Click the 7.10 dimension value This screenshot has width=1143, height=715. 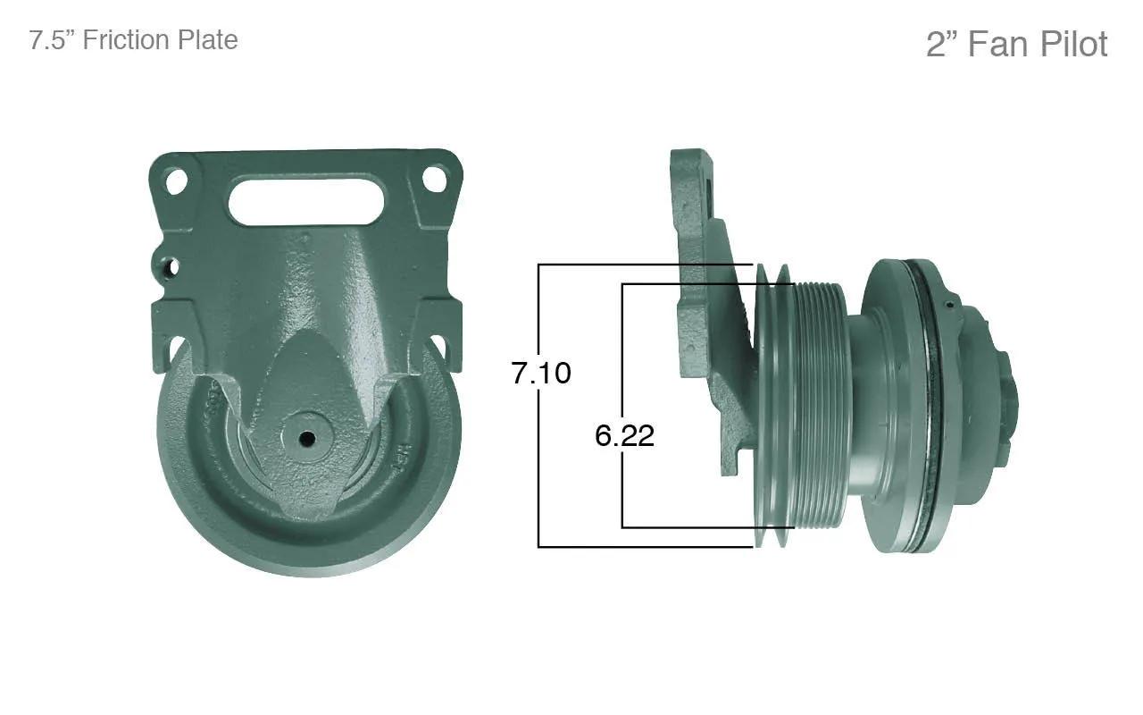pyautogui.click(x=541, y=373)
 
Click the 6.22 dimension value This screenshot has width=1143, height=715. pyautogui.click(x=624, y=436)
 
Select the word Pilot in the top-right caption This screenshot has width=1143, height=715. pyautogui.click(x=1073, y=44)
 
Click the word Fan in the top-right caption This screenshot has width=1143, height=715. pyautogui.click(x=1000, y=44)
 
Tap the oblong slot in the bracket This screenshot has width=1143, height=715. pyautogui.click(x=306, y=201)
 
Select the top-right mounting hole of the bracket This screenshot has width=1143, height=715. pyautogui.click(x=434, y=178)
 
